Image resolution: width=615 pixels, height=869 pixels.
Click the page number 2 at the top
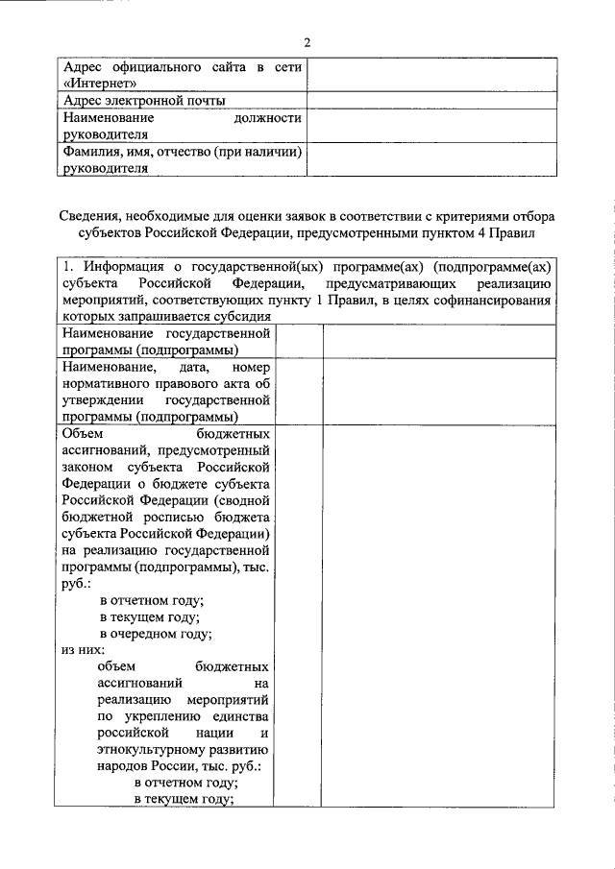click(x=307, y=42)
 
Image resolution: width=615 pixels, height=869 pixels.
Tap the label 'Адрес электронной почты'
click(x=144, y=101)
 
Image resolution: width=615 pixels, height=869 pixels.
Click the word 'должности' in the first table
click(x=267, y=118)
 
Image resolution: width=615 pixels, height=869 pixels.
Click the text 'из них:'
click(x=83, y=650)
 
